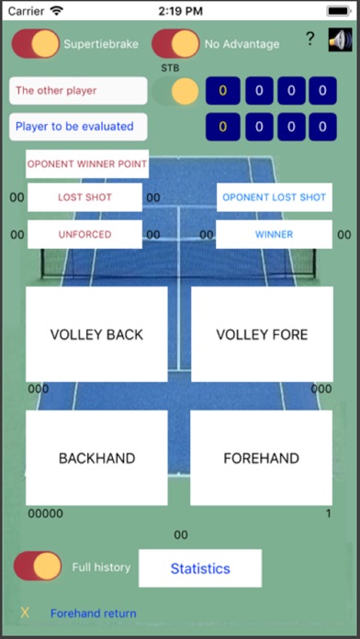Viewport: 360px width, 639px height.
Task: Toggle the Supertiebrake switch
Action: (x=36, y=43)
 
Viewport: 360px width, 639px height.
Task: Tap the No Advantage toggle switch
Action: (x=175, y=43)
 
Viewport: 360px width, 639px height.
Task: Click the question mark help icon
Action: (x=309, y=39)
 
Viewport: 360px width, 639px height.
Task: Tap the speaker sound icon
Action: (x=340, y=40)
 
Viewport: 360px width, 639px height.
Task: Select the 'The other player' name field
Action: (x=78, y=91)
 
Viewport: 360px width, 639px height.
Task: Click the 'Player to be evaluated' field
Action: (x=78, y=127)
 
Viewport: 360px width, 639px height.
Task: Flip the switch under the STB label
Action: (x=175, y=91)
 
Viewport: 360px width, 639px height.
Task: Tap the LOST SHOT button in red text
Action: (x=84, y=197)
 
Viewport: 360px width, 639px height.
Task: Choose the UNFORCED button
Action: (x=84, y=234)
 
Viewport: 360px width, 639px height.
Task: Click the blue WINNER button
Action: (x=274, y=234)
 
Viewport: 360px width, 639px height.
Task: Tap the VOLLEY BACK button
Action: (x=96, y=334)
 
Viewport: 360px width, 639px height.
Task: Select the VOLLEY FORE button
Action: (x=262, y=334)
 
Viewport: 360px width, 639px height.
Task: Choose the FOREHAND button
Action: (x=262, y=457)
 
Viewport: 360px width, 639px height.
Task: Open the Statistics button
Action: (x=200, y=568)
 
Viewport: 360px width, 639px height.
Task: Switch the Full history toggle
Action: (x=38, y=566)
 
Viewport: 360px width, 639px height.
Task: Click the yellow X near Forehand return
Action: (x=25, y=612)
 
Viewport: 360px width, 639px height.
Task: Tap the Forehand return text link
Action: (x=94, y=613)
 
